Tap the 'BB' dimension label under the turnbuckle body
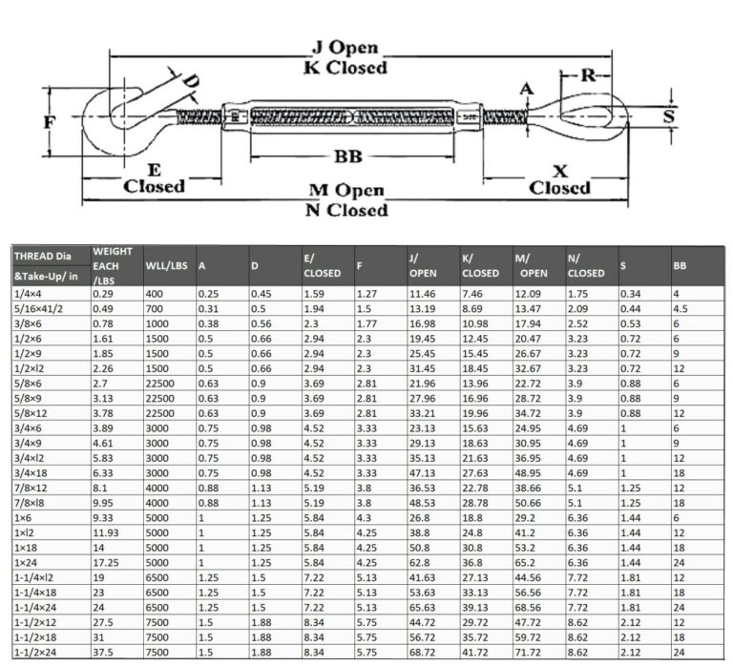coord(346,156)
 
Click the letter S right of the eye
coord(668,115)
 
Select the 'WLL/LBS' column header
coord(164,264)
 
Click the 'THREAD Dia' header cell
coord(43,256)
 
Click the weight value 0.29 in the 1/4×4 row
coord(103,295)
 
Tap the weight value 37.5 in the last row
coord(103,652)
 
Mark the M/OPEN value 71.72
coord(530,652)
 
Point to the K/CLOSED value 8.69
coord(473,310)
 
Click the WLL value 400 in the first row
coord(155,295)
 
